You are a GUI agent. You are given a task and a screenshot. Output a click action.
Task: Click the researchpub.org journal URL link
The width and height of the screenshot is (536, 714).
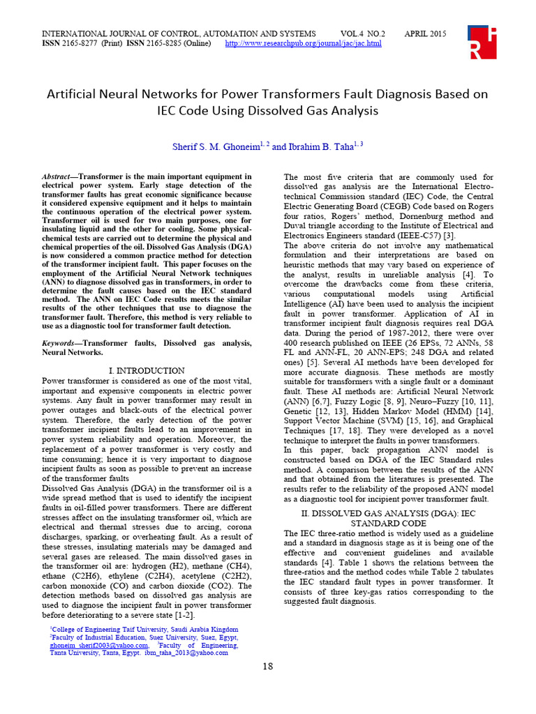303,43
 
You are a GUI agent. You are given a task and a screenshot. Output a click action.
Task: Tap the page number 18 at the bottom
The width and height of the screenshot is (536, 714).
267,667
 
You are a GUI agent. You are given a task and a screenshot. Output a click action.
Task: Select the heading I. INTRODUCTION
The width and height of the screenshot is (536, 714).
147,371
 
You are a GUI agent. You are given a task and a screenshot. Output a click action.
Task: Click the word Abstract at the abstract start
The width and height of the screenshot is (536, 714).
58,177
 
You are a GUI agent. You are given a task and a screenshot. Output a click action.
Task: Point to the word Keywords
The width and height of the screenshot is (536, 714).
61,343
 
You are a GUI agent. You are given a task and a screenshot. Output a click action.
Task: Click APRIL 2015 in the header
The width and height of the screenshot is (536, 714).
426,33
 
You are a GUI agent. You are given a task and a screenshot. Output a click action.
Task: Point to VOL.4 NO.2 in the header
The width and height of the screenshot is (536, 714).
363,33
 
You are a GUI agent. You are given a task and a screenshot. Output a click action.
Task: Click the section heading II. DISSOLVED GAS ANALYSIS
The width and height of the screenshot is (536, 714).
388,514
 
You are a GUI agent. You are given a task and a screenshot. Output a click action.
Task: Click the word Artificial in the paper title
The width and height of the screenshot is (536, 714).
77,94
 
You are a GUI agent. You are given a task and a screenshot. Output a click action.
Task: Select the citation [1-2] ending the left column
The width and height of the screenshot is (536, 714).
186,616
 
